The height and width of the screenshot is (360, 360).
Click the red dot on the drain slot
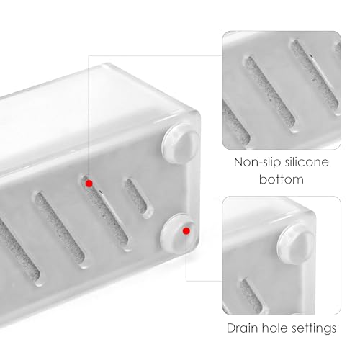click(x=89, y=184)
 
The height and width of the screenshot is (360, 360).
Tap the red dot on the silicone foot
click(x=186, y=230)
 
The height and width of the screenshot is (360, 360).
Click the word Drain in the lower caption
click(x=243, y=328)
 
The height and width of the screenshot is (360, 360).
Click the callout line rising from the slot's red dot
click(x=89, y=115)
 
